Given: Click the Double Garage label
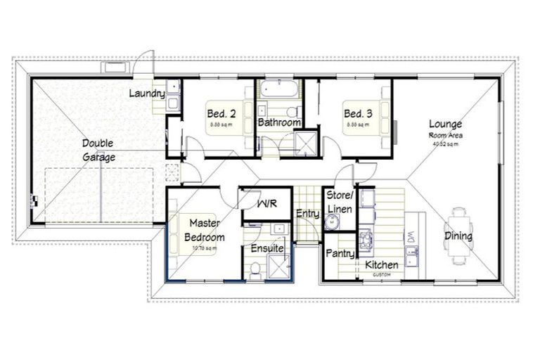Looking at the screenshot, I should (x=98, y=150).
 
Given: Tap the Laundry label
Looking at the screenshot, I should (x=147, y=94).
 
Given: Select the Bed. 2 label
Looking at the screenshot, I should (x=220, y=113).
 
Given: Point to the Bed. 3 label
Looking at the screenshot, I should (x=357, y=113).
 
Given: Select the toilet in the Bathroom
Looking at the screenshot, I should (x=293, y=111).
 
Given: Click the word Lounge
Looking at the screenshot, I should (x=446, y=125).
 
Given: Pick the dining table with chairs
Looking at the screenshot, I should (x=459, y=236).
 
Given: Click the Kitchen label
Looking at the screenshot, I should (x=382, y=264).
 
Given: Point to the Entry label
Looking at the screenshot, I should (x=307, y=214).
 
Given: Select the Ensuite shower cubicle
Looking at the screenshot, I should (x=281, y=268).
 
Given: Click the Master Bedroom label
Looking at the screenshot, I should (x=205, y=231).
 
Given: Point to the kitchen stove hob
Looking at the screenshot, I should (x=366, y=241).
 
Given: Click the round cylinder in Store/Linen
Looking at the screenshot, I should (x=335, y=223).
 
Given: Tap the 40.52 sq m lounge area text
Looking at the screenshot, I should (x=445, y=144).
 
